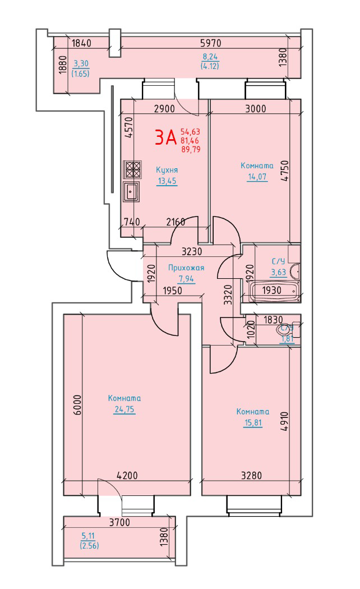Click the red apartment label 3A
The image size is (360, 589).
165,137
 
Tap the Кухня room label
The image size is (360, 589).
167,170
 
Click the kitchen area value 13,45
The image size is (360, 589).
167,181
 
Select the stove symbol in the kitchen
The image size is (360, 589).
132,169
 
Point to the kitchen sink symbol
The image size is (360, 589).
131,191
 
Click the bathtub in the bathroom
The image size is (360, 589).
274,291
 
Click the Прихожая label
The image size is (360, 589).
186,268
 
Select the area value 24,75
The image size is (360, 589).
124,409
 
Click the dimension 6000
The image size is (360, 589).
77,404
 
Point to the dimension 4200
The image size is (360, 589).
127,476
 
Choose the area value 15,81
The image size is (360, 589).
253,422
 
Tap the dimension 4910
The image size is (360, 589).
284,421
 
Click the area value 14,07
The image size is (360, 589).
257,176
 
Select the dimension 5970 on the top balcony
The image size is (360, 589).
211,43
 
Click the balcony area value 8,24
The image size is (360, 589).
210,57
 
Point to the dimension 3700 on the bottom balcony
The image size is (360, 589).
119,522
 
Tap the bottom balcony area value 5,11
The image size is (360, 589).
88,536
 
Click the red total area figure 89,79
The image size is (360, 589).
190,149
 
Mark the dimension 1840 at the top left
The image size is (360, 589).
81,43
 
